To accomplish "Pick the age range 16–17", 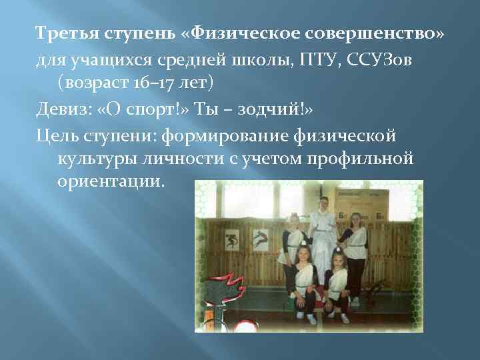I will pos(134,84).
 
